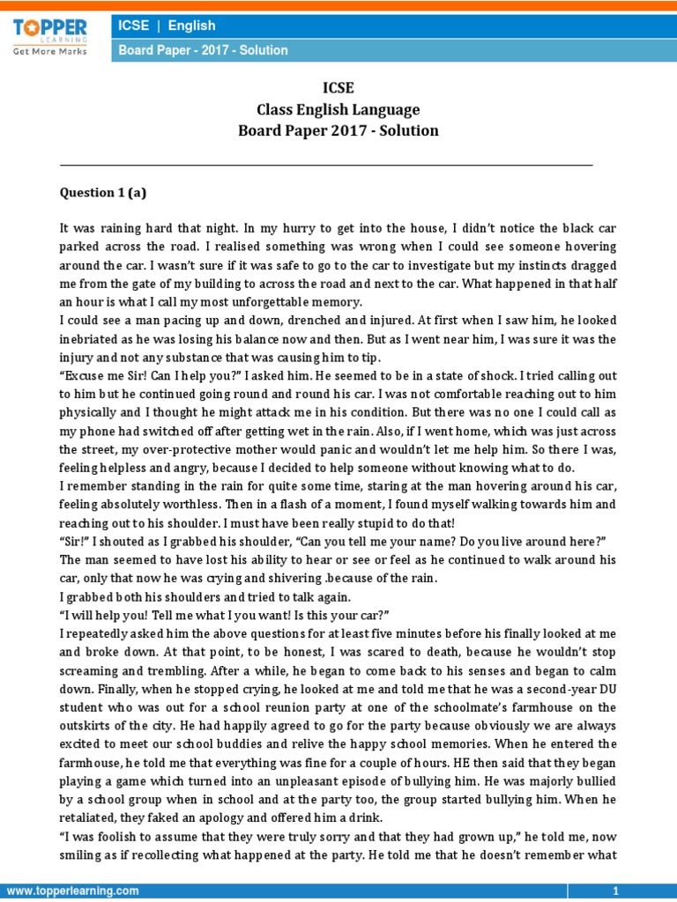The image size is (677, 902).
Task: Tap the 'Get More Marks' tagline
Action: tap(49, 52)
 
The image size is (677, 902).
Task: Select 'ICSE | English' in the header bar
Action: tap(167, 26)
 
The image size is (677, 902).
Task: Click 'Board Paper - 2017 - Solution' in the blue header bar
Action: tap(204, 51)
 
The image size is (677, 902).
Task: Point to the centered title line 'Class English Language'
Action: tap(338, 110)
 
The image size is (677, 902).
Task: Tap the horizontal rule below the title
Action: tap(326, 165)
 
